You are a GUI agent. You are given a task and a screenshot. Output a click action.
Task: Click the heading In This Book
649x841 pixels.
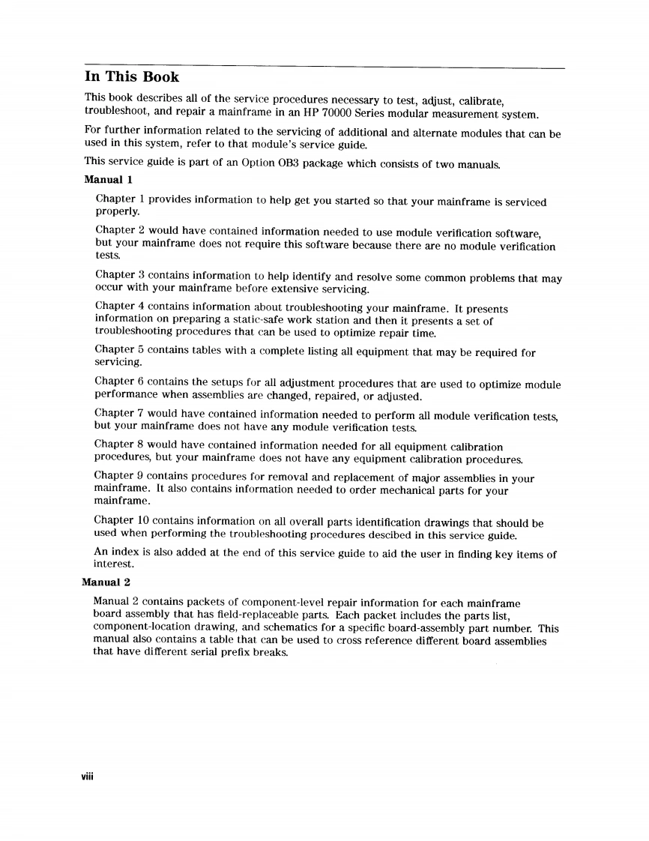(131, 77)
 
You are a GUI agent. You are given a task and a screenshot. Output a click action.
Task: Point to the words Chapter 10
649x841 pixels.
(122, 521)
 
